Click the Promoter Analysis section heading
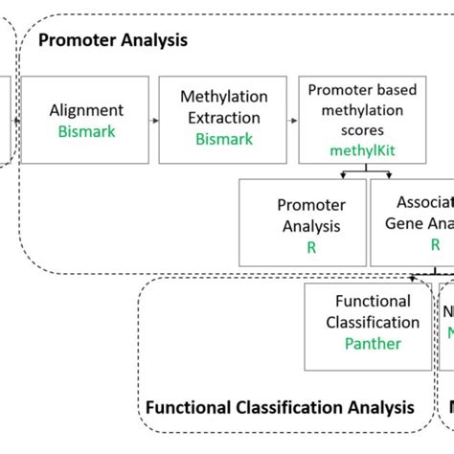112,41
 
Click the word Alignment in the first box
86,110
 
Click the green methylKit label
364,150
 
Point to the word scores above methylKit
364,131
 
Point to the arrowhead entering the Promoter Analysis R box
343,175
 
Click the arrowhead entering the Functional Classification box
414,278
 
